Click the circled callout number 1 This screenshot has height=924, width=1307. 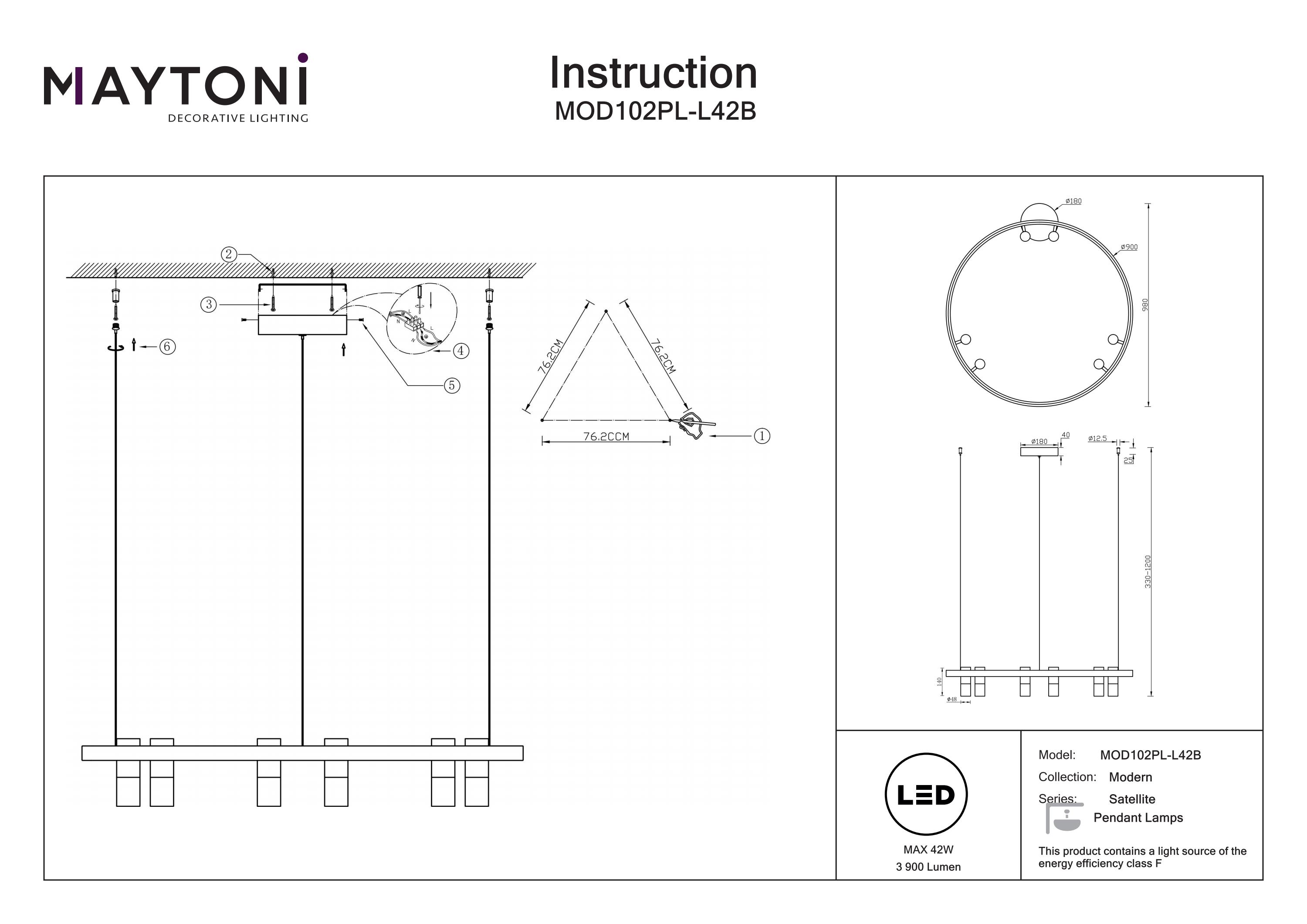click(762, 436)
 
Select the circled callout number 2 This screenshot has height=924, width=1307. click(228, 254)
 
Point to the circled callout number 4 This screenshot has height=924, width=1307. click(460, 351)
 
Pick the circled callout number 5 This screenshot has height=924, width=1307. click(451, 386)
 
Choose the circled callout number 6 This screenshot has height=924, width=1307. click(167, 346)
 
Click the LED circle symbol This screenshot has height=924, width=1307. click(926, 795)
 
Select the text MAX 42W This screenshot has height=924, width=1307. click(928, 850)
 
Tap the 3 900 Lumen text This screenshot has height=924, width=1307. click(928, 867)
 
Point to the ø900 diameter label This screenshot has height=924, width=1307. click(1129, 247)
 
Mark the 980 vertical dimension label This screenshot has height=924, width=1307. click(1145, 305)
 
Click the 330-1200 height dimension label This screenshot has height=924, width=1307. click(1148, 572)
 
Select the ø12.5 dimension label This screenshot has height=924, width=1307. click(1097, 438)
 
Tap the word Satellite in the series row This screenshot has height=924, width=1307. click(1132, 799)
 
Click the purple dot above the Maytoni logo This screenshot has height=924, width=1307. click(303, 58)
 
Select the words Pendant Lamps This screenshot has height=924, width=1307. click(1138, 818)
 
